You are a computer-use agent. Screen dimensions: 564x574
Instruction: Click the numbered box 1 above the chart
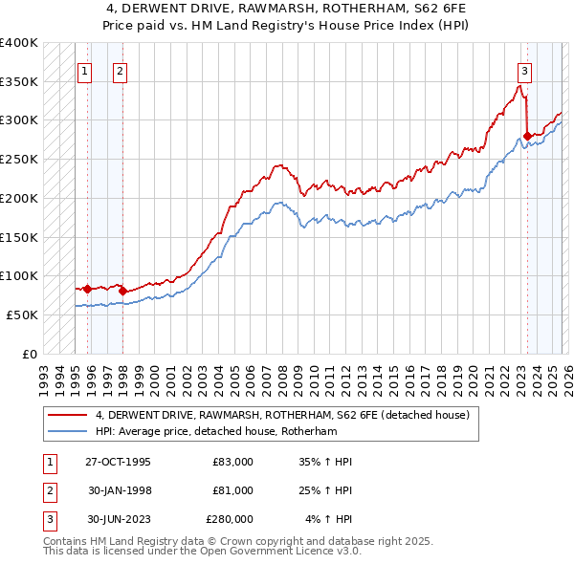pos(85,70)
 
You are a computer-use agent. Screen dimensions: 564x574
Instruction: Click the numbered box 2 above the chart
pos(120,70)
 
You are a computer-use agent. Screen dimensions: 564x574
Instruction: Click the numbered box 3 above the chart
pos(525,70)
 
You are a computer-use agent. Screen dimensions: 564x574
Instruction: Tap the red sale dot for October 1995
pos(87,289)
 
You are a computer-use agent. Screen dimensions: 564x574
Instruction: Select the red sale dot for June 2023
pos(527,136)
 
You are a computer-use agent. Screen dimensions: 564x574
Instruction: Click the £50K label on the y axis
pos(22,315)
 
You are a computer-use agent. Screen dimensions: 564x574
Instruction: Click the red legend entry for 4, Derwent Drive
pos(282,416)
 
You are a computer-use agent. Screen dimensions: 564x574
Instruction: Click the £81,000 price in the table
pos(232,490)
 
